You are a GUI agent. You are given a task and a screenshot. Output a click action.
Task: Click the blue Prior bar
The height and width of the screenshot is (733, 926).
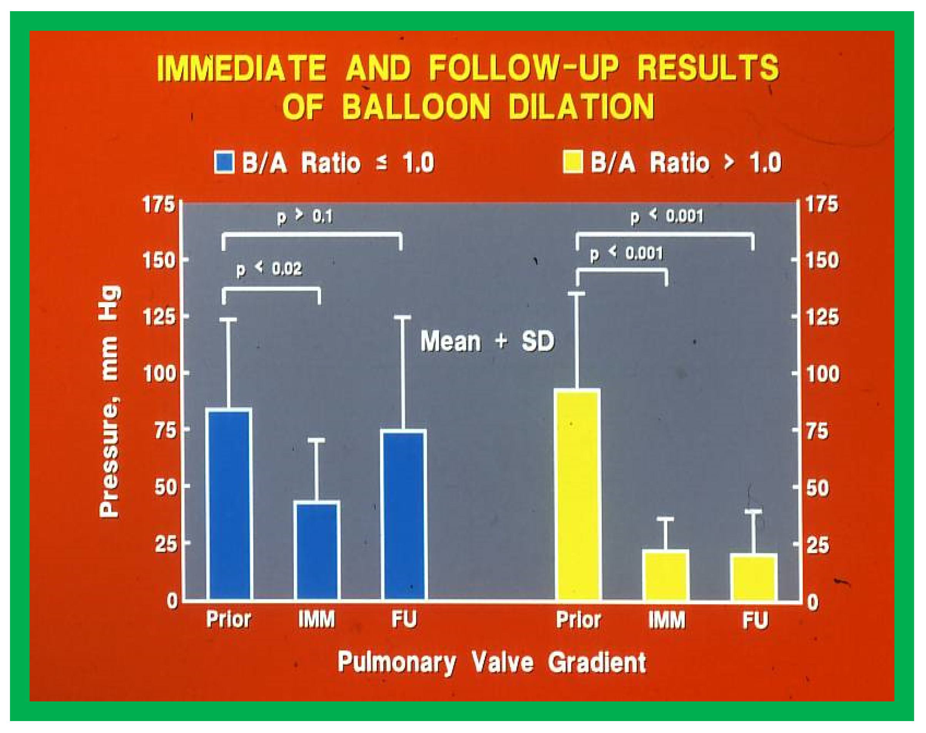point(229,504)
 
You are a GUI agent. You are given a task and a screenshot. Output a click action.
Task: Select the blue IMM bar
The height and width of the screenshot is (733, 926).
point(318,550)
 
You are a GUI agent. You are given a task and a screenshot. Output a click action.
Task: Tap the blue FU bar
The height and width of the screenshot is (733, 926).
point(404,515)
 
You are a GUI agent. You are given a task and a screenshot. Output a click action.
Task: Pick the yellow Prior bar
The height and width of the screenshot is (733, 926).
point(578,494)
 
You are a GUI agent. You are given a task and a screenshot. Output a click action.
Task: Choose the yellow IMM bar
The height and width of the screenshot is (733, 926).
point(667,575)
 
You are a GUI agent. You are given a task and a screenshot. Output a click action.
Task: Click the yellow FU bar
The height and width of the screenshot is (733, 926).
point(755,577)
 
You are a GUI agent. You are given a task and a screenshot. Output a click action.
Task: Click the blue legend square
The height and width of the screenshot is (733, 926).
point(224,162)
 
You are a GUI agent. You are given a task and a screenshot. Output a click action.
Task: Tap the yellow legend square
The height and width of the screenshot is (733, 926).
point(573,162)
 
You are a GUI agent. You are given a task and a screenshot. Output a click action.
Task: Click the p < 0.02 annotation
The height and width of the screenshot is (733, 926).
point(269,269)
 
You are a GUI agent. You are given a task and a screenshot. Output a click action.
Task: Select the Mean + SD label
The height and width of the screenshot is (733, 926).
point(487,341)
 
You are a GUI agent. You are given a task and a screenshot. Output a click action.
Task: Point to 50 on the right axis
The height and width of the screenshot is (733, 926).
point(818,489)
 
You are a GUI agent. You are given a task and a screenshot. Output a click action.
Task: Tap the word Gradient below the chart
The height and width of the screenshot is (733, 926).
point(597,662)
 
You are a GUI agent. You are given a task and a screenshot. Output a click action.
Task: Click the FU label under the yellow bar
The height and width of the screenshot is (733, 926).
point(755,621)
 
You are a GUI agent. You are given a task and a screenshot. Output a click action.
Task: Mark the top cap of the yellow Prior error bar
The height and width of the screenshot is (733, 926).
point(577,293)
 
